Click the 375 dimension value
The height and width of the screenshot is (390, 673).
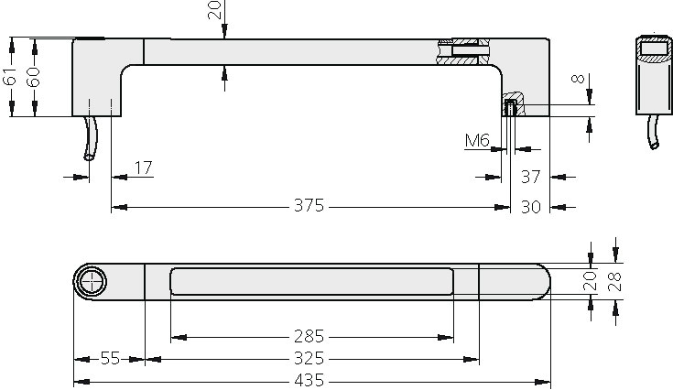click(x=309, y=206)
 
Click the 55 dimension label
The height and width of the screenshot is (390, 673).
click(x=110, y=359)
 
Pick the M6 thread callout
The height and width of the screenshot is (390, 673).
click(x=477, y=140)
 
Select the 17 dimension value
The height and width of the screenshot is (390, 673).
click(x=143, y=168)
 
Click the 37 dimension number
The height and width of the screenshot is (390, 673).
click(x=531, y=176)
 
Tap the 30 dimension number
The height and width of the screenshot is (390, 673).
click(x=531, y=206)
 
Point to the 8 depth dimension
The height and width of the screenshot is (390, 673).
click(x=577, y=80)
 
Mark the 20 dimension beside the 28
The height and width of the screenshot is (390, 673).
click(x=591, y=279)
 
